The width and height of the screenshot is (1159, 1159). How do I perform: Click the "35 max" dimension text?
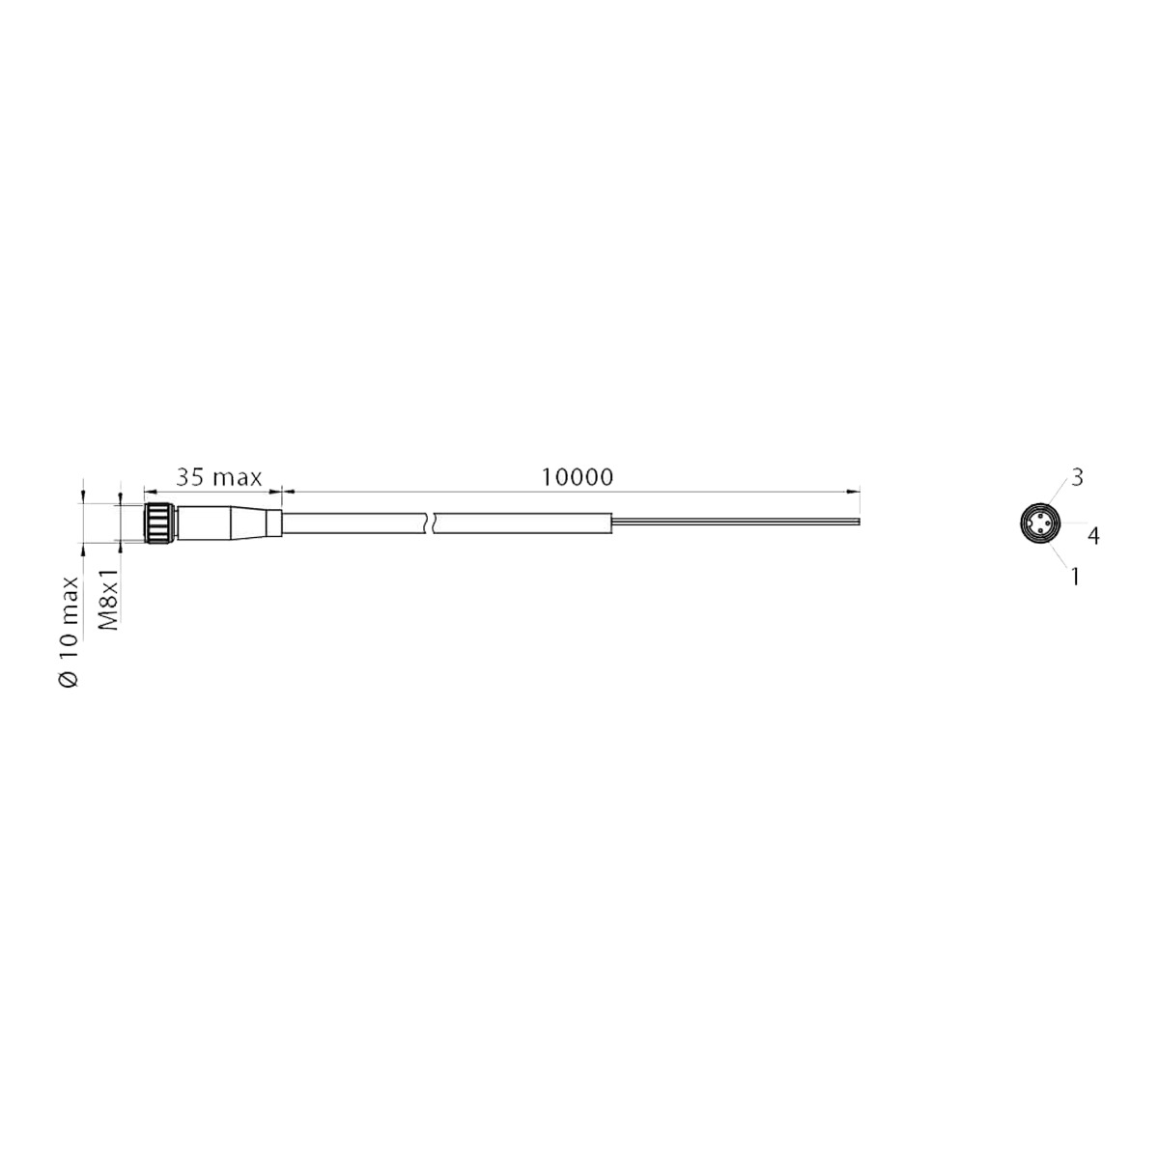point(219,477)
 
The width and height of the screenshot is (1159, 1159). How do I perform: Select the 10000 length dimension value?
point(578,477)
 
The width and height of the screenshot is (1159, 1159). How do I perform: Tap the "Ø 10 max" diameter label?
point(69,632)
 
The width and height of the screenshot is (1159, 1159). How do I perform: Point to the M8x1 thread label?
point(109,600)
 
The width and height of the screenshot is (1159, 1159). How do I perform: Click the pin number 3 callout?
point(1077,477)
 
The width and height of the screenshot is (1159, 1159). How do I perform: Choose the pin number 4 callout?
point(1093,536)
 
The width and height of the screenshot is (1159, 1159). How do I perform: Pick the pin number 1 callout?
point(1075,577)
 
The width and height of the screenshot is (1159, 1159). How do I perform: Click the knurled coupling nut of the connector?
point(159,523)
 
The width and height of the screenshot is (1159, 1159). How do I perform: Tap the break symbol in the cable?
point(431,523)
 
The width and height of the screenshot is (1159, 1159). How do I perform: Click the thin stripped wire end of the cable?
point(736,521)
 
